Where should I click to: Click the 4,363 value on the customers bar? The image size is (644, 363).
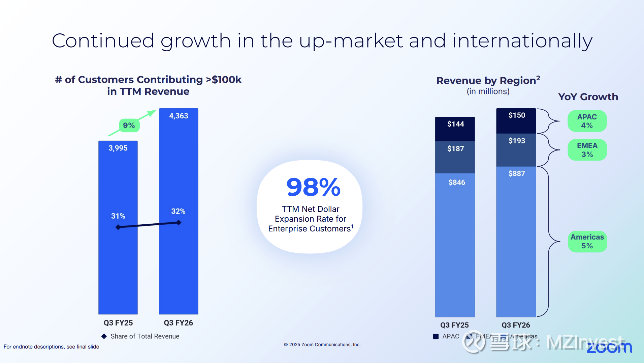(179, 116)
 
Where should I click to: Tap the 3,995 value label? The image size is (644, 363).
(118, 148)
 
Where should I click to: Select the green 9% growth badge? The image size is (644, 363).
(129, 125)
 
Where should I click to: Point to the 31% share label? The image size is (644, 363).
(118, 216)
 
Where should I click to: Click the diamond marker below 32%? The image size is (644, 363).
(179, 222)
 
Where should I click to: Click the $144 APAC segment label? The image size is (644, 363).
(455, 124)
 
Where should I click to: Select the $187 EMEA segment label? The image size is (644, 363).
(455, 149)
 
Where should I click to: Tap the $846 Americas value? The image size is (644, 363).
(457, 183)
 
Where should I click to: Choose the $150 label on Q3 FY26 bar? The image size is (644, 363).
(517, 115)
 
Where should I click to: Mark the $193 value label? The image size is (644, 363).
(517, 141)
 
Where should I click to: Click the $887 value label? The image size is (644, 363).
(517, 174)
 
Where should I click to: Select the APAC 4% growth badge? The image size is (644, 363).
(587, 121)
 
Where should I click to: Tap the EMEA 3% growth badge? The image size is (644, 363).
(587, 150)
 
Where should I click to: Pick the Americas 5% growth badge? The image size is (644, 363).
(587, 241)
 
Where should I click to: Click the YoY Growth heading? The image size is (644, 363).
(588, 97)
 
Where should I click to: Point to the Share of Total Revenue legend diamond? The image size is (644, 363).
(104, 336)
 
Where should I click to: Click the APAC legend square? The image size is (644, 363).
(436, 336)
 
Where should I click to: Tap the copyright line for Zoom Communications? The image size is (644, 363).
(322, 344)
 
